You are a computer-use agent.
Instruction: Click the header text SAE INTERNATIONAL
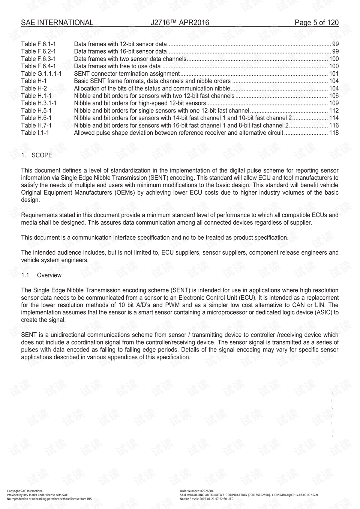(57, 23)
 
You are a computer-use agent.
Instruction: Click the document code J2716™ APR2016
(180, 23)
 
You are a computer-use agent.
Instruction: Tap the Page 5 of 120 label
(316, 23)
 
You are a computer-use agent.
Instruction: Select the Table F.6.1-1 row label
(39, 44)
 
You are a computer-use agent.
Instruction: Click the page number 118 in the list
(334, 133)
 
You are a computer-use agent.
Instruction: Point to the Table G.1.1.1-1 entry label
(41, 74)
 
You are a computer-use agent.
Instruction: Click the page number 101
(334, 74)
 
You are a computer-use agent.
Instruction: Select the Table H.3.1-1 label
(39, 103)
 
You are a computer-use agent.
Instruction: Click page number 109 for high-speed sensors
(334, 103)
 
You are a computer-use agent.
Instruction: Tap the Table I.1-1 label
(35, 133)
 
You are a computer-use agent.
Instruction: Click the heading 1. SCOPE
(37, 155)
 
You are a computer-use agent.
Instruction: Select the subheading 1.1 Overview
(41, 275)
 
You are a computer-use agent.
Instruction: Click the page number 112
(334, 111)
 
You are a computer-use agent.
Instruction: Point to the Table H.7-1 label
(36, 125)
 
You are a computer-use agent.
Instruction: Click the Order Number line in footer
(196, 491)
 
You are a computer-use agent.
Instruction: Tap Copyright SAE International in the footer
(25, 491)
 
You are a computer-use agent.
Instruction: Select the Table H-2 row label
(34, 89)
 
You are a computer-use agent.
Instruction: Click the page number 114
(334, 118)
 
